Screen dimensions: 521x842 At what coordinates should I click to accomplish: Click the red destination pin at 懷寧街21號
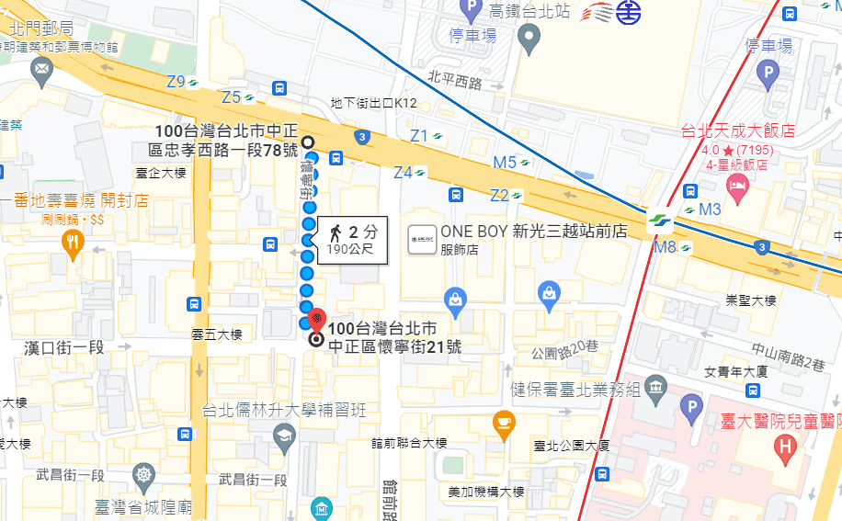pos(315,322)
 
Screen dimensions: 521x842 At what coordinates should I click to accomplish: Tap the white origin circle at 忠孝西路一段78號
pos(308,142)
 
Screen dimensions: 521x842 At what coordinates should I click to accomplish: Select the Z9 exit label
pos(176,81)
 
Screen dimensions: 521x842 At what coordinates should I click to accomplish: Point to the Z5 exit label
pos(231,96)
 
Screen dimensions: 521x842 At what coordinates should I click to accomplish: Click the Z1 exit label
pos(419,136)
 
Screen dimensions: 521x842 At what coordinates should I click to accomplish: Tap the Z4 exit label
pos(404,172)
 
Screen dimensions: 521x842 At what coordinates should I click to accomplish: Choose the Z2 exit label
pos(499,195)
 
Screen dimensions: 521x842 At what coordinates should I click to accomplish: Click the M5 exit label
pos(505,163)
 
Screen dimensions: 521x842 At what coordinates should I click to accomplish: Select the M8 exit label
pos(666,246)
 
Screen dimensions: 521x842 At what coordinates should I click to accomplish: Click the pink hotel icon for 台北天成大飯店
pos(737,187)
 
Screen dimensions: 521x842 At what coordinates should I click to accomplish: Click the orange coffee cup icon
pos(504,422)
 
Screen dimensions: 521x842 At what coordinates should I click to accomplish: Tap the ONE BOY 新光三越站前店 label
pos(533,232)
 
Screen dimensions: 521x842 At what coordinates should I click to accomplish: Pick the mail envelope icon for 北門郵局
pos(40,68)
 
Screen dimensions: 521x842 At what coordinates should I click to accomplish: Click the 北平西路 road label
pos(455,83)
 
